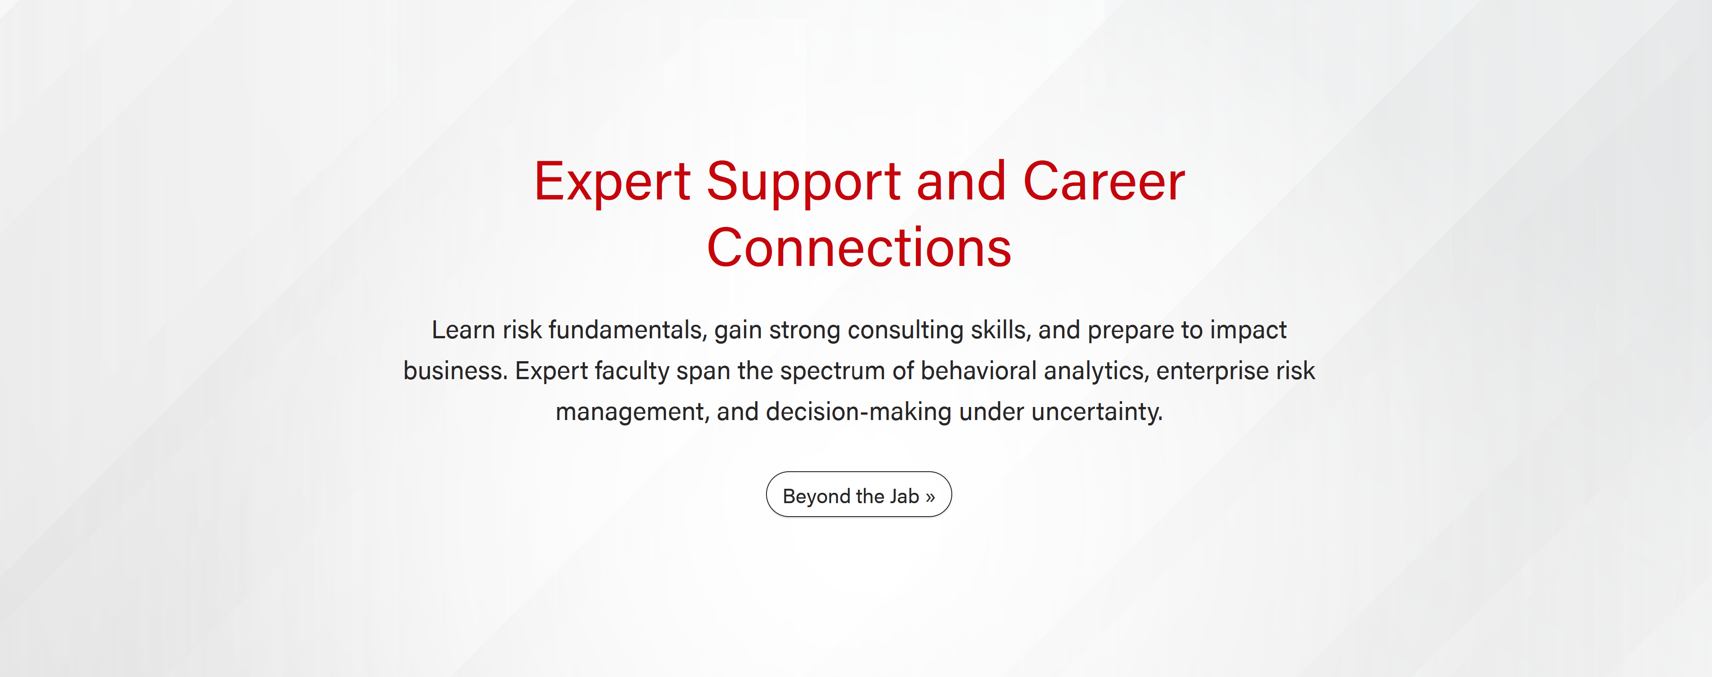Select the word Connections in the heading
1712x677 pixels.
pyautogui.click(x=858, y=248)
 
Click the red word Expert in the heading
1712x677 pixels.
pyautogui.click(x=612, y=182)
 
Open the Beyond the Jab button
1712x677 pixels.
pyautogui.click(x=858, y=494)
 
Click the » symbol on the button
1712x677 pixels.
pyautogui.click(x=930, y=497)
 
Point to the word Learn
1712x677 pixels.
pyautogui.click(x=463, y=330)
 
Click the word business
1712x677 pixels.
pyautogui.click(x=455, y=371)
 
